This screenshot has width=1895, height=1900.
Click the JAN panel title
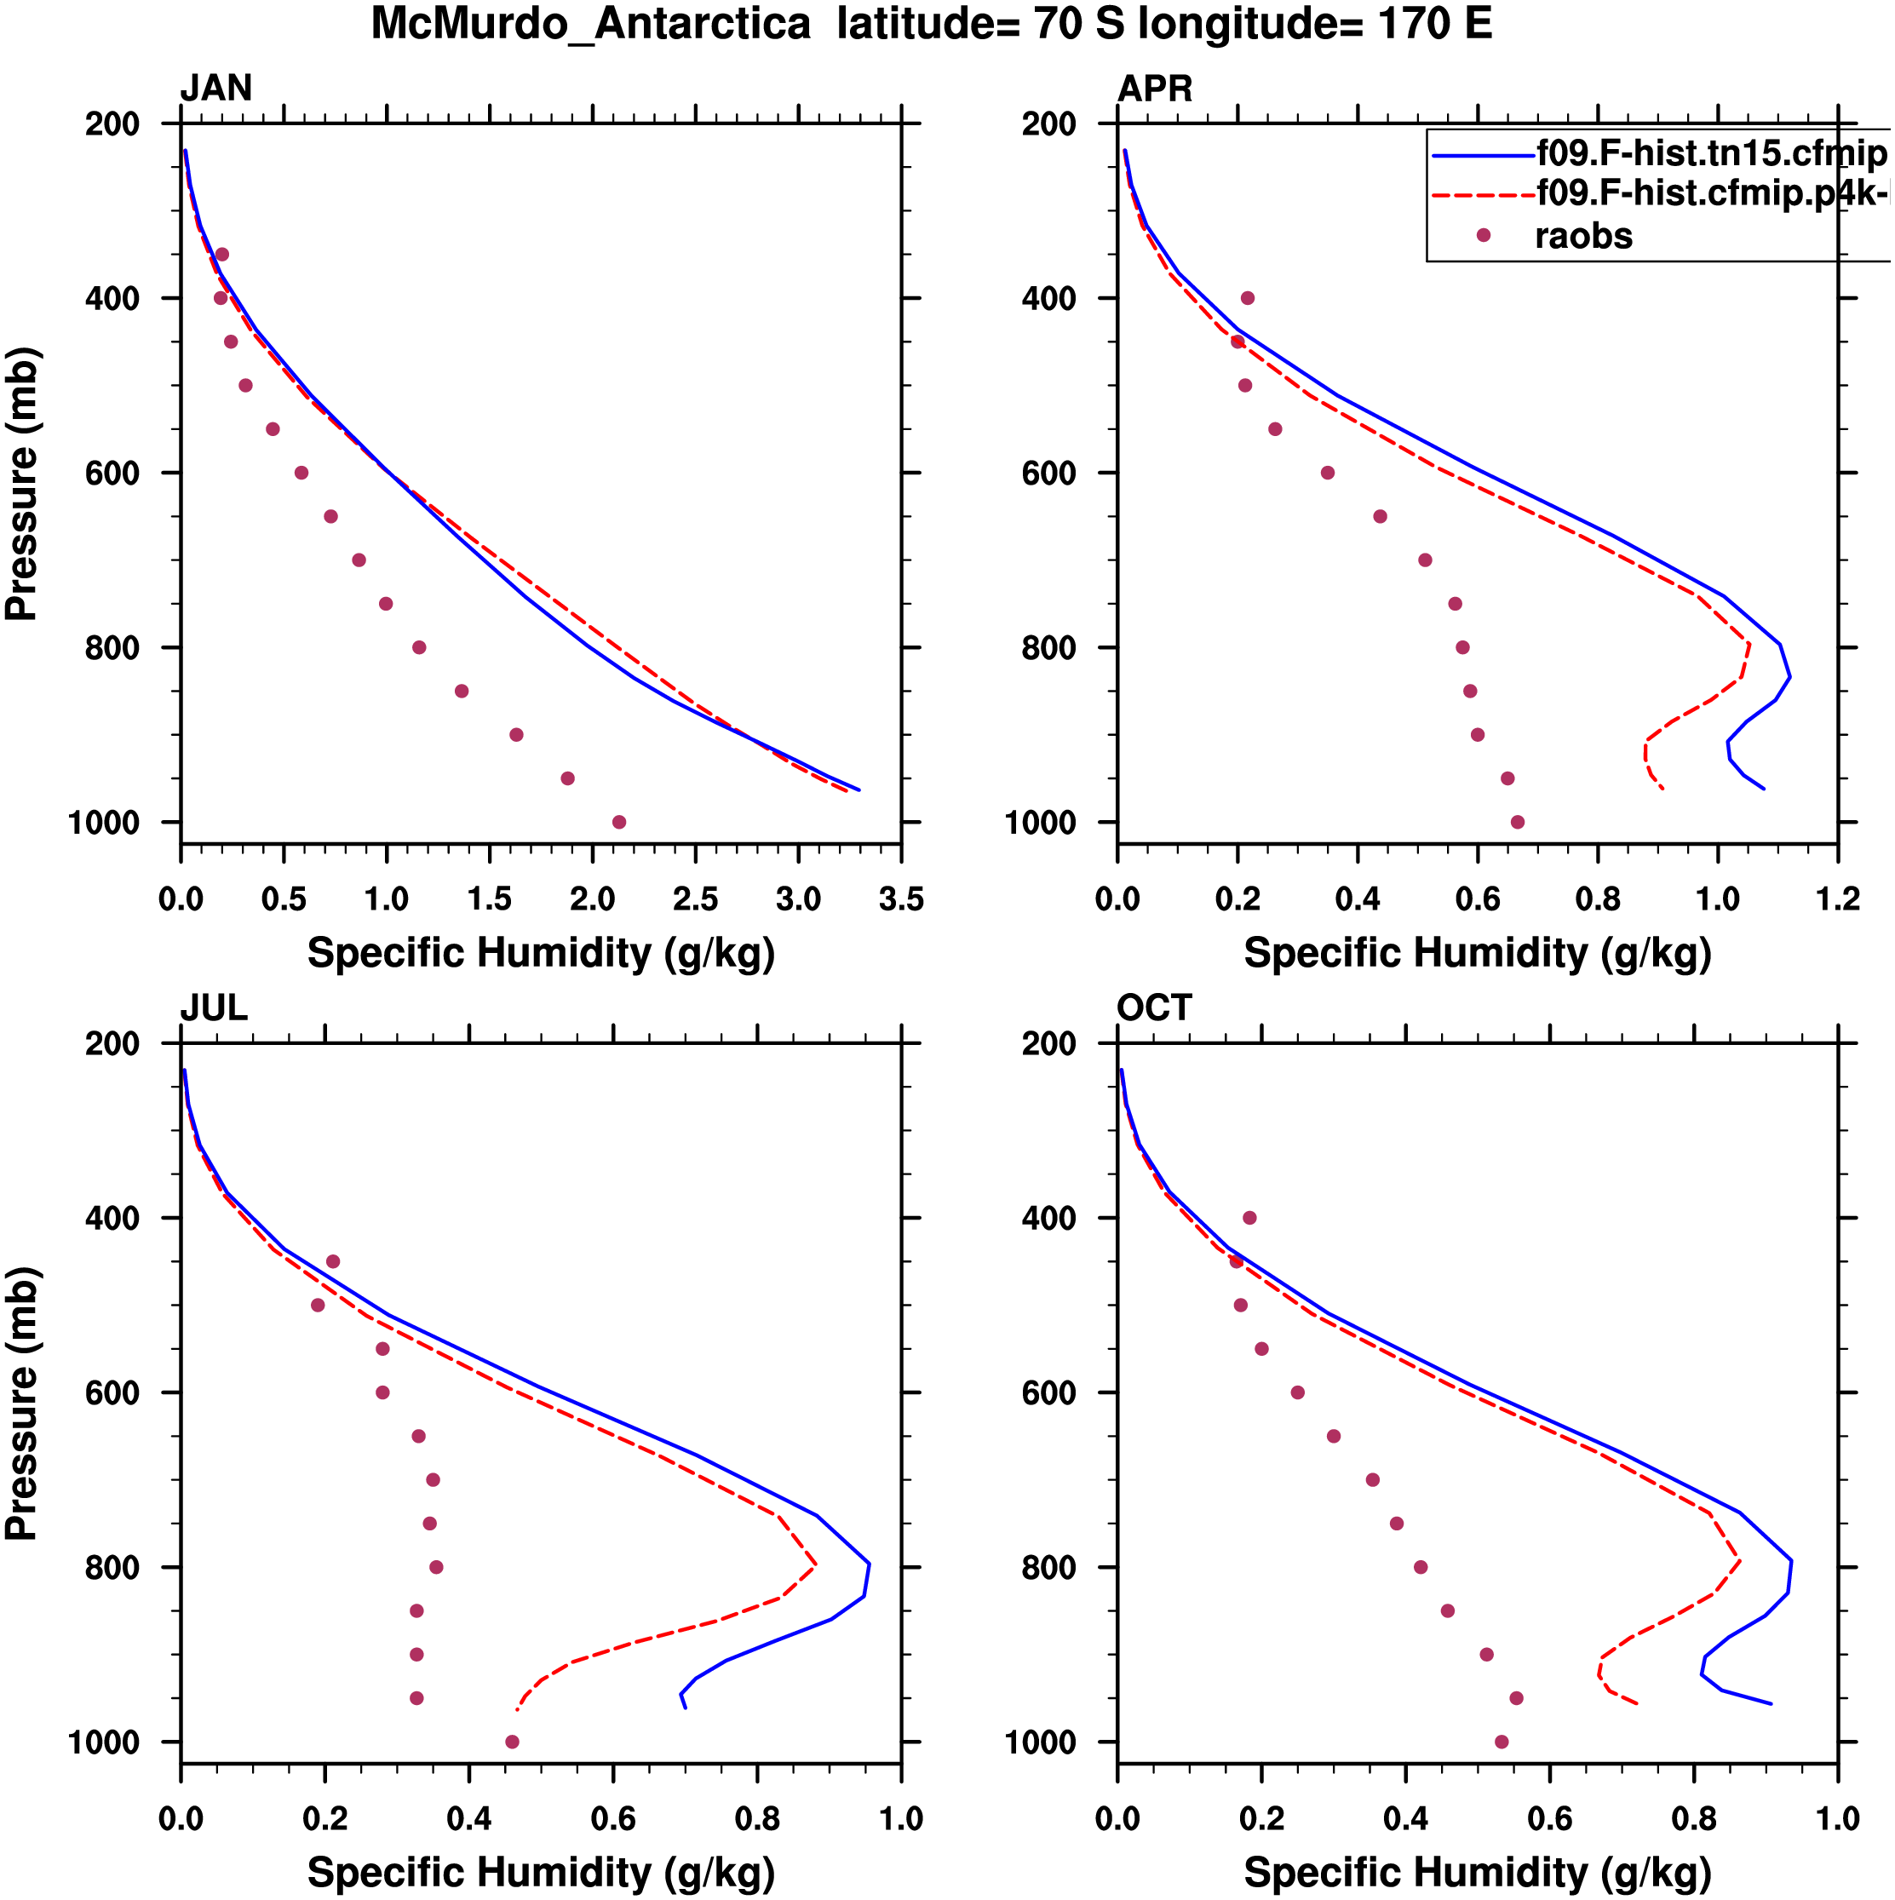(215, 89)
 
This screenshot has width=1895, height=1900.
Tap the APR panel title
(1155, 89)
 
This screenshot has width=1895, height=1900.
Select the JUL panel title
(214, 1008)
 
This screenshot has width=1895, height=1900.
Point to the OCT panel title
(1155, 1008)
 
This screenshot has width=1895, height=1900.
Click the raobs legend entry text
(1583, 236)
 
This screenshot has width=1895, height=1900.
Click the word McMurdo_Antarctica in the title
(590, 24)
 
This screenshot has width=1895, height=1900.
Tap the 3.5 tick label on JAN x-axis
(901, 898)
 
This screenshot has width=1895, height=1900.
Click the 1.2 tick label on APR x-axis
(1837, 898)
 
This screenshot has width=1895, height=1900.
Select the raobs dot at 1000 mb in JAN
(618, 822)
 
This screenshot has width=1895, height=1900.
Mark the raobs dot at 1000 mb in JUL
(511, 1742)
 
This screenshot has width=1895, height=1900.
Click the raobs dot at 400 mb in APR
(1247, 298)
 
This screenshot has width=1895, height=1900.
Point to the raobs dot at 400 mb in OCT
(1249, 1218)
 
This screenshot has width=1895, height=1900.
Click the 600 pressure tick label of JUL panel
(112, 1392)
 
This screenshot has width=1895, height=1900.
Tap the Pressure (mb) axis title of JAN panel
(21, 483)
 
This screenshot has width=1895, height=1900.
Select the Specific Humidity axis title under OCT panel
(1477, 1873)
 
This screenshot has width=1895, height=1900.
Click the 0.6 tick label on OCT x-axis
(1550, 1818)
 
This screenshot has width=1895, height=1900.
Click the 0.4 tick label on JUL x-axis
(469, 1818)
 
